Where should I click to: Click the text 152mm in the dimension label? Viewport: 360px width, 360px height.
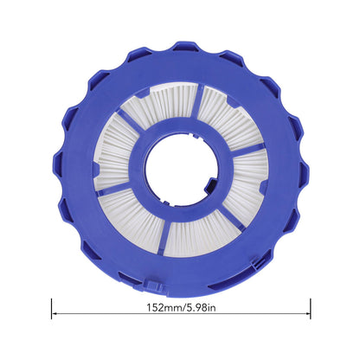pyautogui.click(x=164, y=307)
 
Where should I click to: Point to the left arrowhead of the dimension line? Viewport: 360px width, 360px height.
pyautogui.click(x=54, y=313)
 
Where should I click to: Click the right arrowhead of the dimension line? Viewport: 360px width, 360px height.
pyautogui.click(x=308, y=313)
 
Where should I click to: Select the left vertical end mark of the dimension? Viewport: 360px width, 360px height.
pyautogui.click(x=52, y=309)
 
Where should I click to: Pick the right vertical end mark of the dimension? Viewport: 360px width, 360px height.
pyautogui.click(x=311, y=309)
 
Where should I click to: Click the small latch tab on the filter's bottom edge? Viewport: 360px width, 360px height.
pyautogui.click(x=153, y=286)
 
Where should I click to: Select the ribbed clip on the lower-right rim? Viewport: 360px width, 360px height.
pyautogui.click(x=259, y=262)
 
